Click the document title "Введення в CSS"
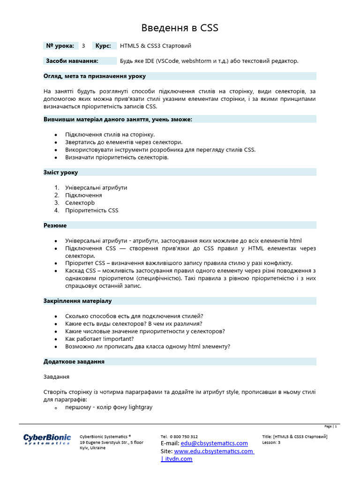tap(180, 29)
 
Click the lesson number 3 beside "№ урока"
tap(83, 46)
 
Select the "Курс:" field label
tap(103, 46)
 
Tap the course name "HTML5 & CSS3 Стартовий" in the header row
tap(156, 46)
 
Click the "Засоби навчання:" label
tap(72, 61)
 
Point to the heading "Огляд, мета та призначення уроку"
tap(95, 76)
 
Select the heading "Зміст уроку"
tap(61, 172)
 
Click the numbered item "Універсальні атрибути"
tap(96, 187)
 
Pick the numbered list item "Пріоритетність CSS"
tap(92, 210)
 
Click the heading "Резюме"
tap(55, 225)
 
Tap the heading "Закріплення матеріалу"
tap(78, 301)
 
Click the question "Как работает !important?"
tap(100, 339)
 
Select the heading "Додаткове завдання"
tap(74, 362)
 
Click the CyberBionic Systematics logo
tap(47, 439)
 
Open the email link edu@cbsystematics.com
tap(214, 443)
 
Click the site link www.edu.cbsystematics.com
tap(213, 451)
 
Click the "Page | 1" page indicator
tap(330, 427)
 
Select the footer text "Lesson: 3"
tap(271, 442)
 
